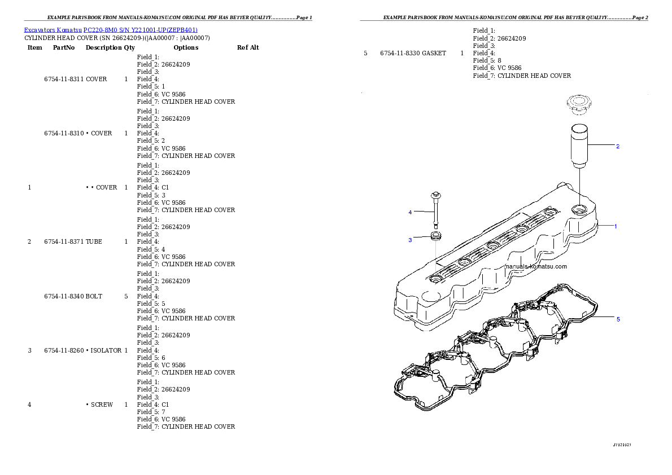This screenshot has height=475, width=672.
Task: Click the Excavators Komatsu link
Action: tap(53, 30)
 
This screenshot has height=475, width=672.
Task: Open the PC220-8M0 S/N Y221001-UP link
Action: tap(141, 30)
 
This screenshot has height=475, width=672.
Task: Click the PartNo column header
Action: tap(64, 47)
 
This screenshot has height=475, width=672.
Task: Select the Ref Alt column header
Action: tap(248, 47)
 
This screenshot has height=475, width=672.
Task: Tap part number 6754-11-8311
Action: tap(64, 79)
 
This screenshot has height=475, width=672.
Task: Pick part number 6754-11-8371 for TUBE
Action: tap(64, 241)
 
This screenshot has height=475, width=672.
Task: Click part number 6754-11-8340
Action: tap(64, 296)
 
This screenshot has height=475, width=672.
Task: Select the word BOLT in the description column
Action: tap(94, 296)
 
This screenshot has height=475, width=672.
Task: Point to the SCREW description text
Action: tap(102, 404)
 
